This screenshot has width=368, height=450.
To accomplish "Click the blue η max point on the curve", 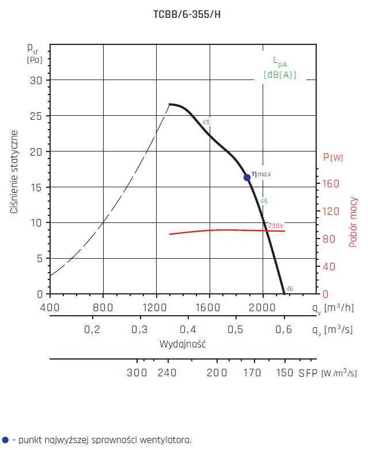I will pyautogui.click(x=247, y=177).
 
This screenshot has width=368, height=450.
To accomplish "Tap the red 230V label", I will pyautogui.click(x=276, y=225).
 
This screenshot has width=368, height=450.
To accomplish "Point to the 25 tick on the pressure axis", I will pyautogui.click(x=36, y=116).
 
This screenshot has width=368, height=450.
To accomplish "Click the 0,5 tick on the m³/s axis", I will pyautogui.click(x=236, y=330).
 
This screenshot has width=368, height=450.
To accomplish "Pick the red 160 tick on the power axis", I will pyautogui.click(x=332, y=184).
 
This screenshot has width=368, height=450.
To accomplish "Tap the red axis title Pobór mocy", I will pyautogui.click(x=353, y=222).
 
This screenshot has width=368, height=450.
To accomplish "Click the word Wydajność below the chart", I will pyautogui.click(x=183, y=344).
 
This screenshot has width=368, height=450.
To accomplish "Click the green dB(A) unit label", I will pyautogui.click(x=280, y=74).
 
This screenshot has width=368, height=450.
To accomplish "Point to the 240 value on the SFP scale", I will pyautogui.click(x=166, y=373).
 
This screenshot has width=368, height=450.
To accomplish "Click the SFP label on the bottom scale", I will pyautogui.click(x=308, y=373).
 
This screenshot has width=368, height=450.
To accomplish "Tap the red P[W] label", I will pyautogui.click(x=333, y=158).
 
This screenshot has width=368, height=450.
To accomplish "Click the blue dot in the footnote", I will pyautogui.click(x=5, y=440).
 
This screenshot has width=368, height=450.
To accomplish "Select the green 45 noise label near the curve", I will pyautogui.click(x=206, y=123).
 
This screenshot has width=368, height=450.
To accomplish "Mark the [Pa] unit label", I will pyautogui.click(x=35, y=59).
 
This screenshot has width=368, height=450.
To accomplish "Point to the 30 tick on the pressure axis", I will pyautogui.click(x=36, y=80).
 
